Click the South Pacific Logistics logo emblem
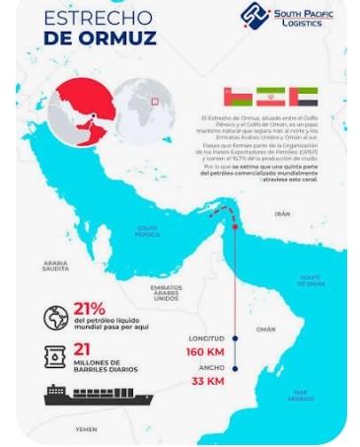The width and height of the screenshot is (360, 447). click(254, 16)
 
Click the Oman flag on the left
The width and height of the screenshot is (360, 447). click(237, 97)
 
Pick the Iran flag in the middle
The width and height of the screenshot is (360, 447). click(269, 97)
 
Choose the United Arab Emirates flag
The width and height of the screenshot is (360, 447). click(302, 97)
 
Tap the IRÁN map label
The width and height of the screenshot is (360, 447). click(283, 212)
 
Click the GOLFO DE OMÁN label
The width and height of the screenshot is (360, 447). click(312, 280)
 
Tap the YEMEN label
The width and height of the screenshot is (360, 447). click(86, 430)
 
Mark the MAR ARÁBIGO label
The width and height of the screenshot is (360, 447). click(301, 395)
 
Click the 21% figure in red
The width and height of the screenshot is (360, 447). click(90, 310)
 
